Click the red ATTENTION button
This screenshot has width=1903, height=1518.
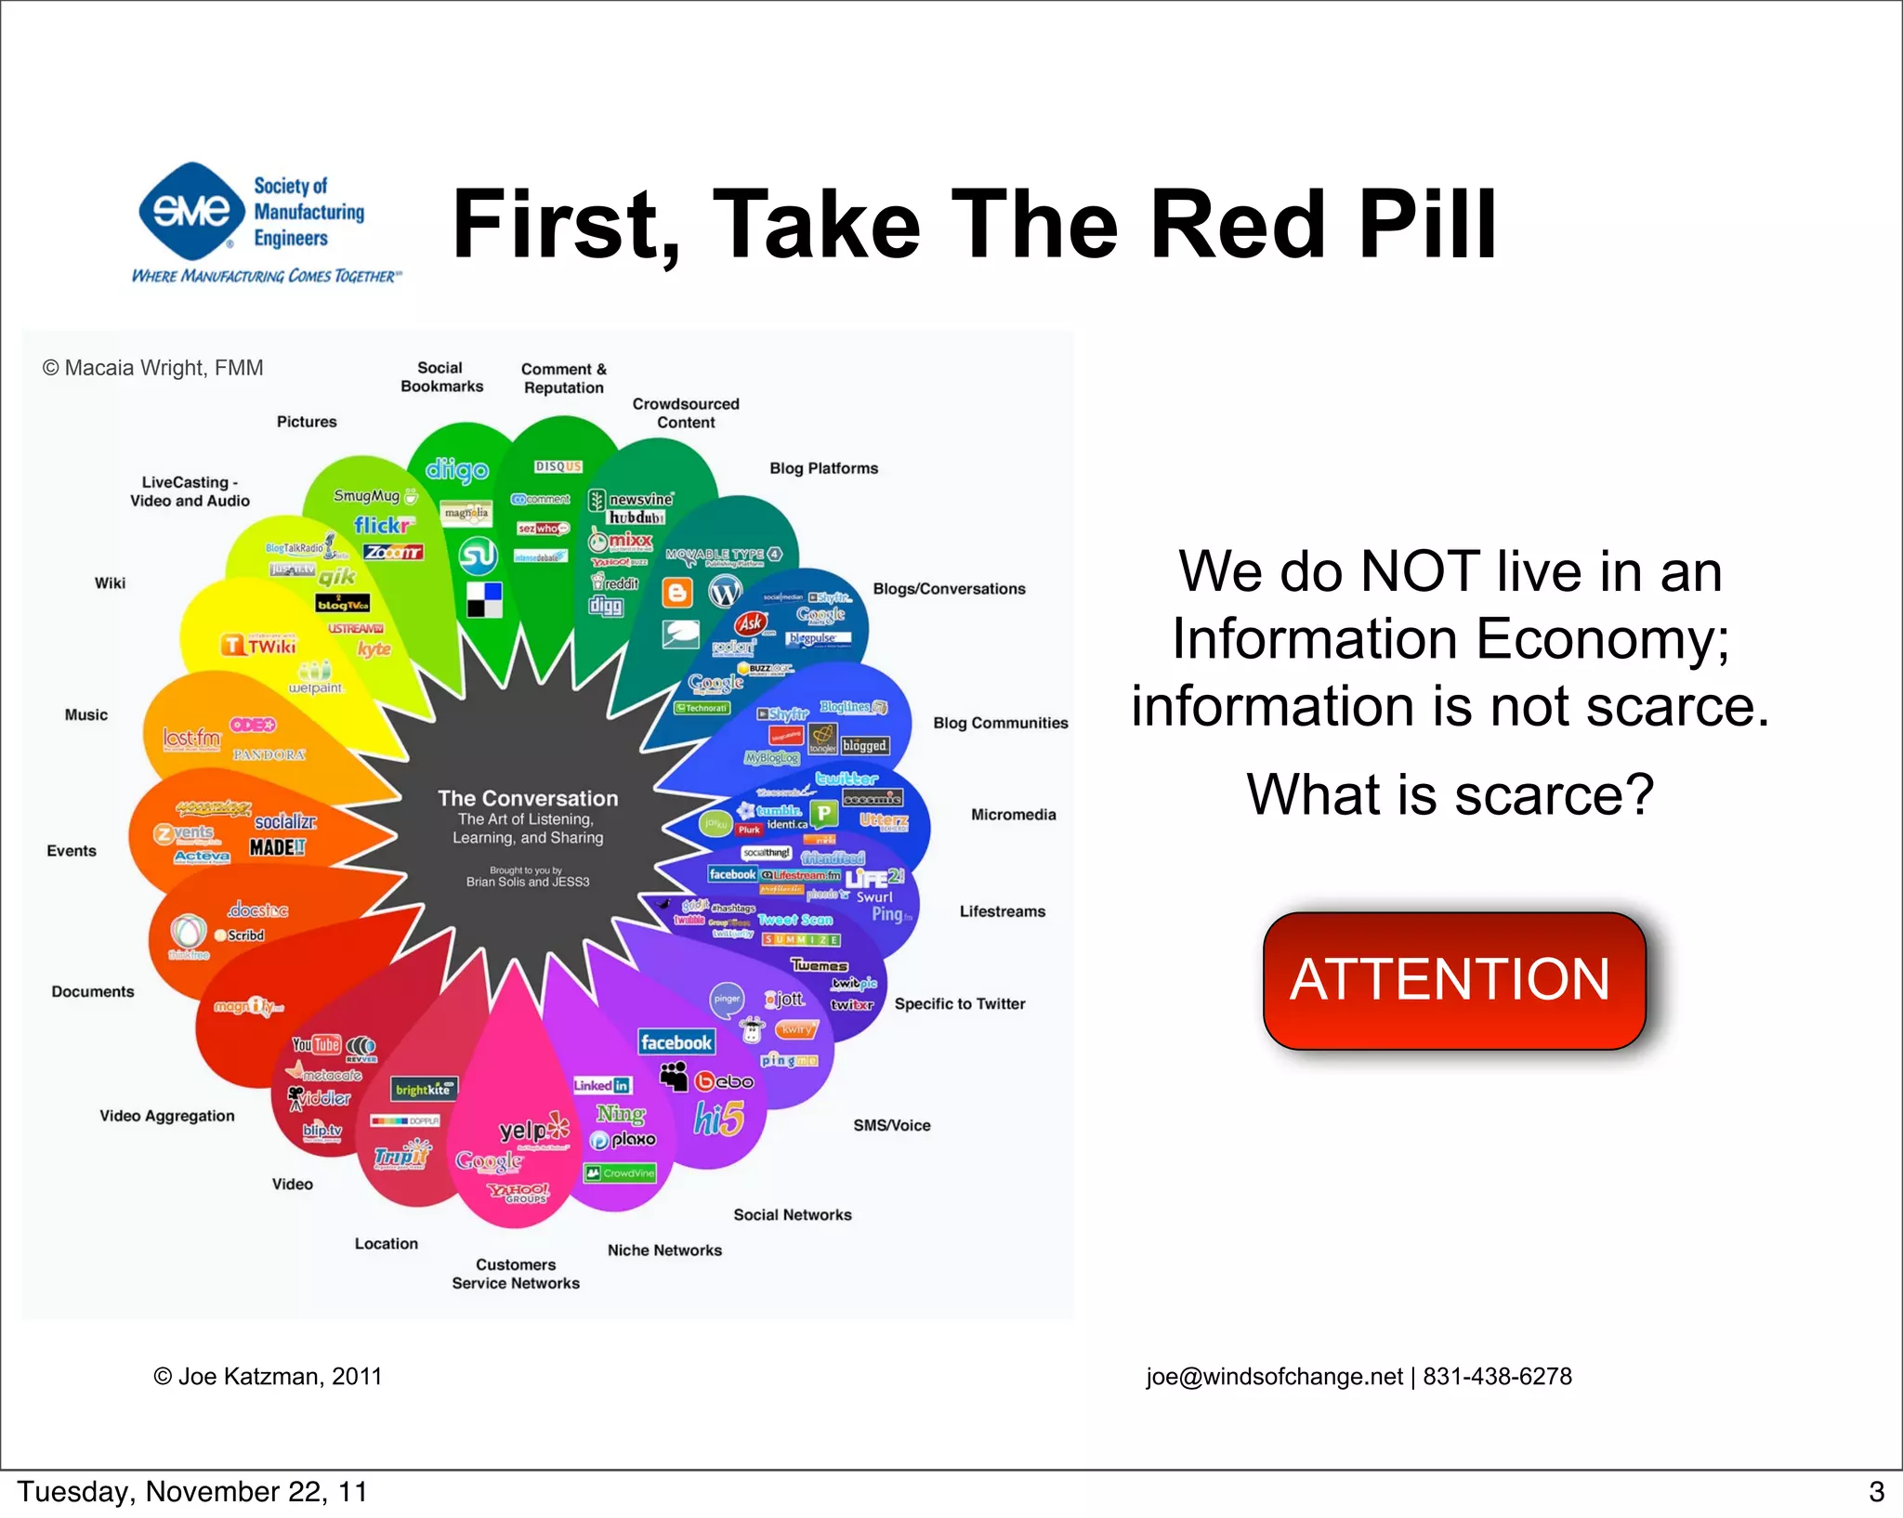pos(1453,981)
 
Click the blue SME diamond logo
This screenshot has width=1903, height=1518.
pos(191,211)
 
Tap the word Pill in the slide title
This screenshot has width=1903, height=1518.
pos(1427,225)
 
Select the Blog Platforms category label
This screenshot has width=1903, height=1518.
pos(823,468)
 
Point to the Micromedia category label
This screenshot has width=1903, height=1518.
pos(1013,815)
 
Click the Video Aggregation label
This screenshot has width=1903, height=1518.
pos(167,1116)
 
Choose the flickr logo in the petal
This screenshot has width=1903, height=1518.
pos(382,525)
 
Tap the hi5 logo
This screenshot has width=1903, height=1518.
pos(718,1119)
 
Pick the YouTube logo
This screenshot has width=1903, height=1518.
pos(317,1045)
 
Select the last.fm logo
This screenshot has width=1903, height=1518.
pos(191,739)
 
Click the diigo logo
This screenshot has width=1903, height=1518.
pos(456,470)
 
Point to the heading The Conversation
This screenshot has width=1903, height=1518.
pos(528,798)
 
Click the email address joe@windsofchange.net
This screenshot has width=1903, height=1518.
pos(1274,1376)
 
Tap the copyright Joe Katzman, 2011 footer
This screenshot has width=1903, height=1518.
pos(268,1376)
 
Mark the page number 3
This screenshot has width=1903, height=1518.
pos(1876,1492)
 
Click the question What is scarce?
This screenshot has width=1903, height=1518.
pos(1450,795)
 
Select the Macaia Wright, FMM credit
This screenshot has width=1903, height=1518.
pos(153,368)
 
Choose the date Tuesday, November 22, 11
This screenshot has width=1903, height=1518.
pos(192,1492)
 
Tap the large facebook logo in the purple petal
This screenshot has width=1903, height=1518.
pos(676,1042)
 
